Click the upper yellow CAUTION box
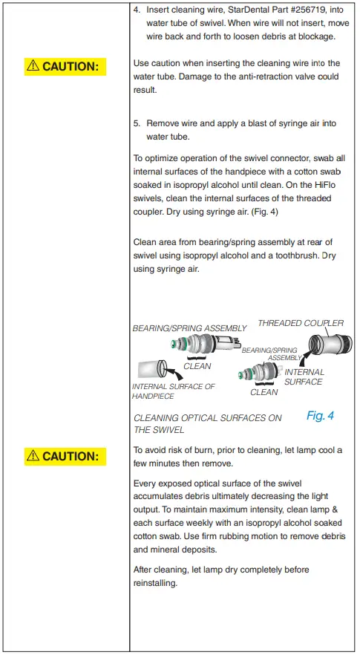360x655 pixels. [x=65, y=67]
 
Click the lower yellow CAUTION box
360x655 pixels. [x=65, y=456]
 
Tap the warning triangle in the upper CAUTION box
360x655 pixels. [x=33, y=66]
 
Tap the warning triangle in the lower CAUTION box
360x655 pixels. [x=33, y=456]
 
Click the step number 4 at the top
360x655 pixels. [x=137, y=10]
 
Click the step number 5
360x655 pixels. [x=137, y=123]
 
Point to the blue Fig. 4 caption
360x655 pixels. [x=320, y=416]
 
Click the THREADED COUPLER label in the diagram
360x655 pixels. [x=301, y=323]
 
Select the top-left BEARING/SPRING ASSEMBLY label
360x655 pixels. [x=189, y=328]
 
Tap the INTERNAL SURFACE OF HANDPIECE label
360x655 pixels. [x=173, y=391]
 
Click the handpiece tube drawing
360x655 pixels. [x=151, y=368]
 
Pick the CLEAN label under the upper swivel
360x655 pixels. [x=197, y=365]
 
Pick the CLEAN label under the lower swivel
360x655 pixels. [x=264, y=392]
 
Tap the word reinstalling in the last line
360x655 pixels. [x=154, y=584]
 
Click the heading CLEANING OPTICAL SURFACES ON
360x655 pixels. [x=207, y=418]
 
